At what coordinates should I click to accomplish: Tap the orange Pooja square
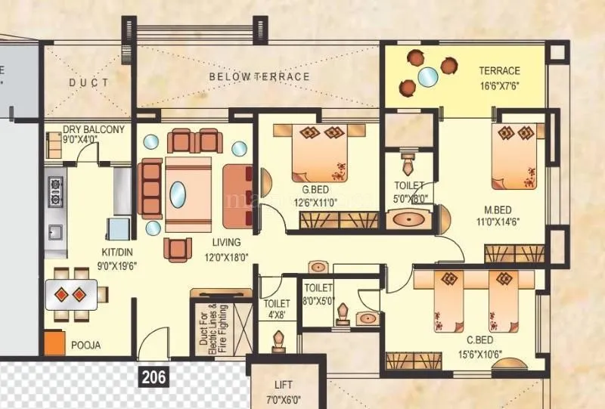53,343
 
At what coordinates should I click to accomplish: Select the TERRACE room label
499,71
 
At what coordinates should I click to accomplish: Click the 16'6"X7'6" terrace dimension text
500,85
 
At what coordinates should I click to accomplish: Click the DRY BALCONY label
95,129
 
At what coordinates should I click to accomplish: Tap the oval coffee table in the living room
177,194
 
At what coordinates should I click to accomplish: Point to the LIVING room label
226,243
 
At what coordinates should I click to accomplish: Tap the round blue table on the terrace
427,76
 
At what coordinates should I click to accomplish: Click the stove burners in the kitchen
55,192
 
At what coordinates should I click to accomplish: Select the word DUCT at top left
88,82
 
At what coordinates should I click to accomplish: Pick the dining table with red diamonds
71,293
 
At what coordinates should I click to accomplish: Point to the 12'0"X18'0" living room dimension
228,256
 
